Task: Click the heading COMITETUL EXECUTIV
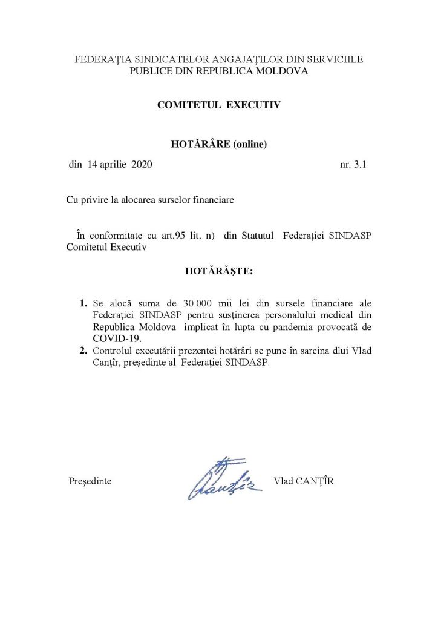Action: [218, 105]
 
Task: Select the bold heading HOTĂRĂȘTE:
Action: [219, 272]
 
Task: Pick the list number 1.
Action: [83, 302]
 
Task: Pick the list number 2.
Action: [83, 351]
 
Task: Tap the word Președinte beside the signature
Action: [90, 481]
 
